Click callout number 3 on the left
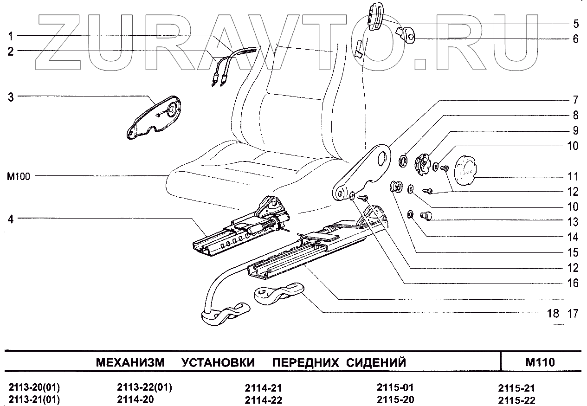(x=11, y=97)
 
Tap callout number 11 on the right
(x=574, y=177)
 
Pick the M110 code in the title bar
(x=541, y=362)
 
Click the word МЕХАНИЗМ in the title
(x=130, y=362)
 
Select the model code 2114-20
(x=135, y=399)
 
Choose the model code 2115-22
(x=516, y=400)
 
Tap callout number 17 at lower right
(x=574, y=314)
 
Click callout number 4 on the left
(x=11, y=219)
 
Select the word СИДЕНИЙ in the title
(x=376, y=362)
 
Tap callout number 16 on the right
(x=574, y=283)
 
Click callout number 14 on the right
(x=574, y=238)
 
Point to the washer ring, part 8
(x=403, y=162)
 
